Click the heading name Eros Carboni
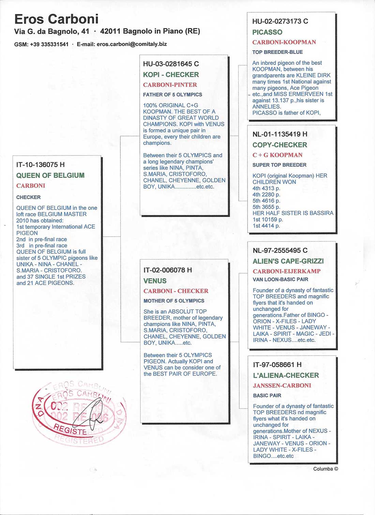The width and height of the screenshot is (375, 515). click(56, 19)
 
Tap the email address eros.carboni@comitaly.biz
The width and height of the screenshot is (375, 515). click(132, 44)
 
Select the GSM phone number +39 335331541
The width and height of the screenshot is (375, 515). click(49, 44)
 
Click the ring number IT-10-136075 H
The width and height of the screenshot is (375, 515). click(40, 165)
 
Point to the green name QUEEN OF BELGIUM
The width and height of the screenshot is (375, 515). click(50, 175)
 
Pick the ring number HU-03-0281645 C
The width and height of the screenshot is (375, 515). click(171, 64)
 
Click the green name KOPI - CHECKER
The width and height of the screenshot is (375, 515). click(171, 75)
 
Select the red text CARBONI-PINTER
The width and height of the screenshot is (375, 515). click(170, 85)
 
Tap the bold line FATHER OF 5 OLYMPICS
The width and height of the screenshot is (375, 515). click(172, 94)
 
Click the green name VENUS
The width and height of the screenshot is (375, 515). click(155, 281)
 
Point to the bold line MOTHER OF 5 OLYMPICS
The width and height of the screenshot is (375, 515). click(174, 301)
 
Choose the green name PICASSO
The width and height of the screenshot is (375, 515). click(267, 32)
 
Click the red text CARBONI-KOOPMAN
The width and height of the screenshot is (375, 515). click(284, 42)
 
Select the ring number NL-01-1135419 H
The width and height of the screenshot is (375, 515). click(280, 134)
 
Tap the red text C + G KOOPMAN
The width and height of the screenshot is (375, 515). click(277, 155)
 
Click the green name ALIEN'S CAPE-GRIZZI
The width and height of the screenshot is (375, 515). click(288, 261)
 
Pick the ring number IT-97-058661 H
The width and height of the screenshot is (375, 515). click(277, 365)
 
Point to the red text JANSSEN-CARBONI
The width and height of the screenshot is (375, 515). click(282, 386)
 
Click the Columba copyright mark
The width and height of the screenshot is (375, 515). click(326, 469)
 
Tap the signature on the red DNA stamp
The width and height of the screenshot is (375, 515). click(90, 414)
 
